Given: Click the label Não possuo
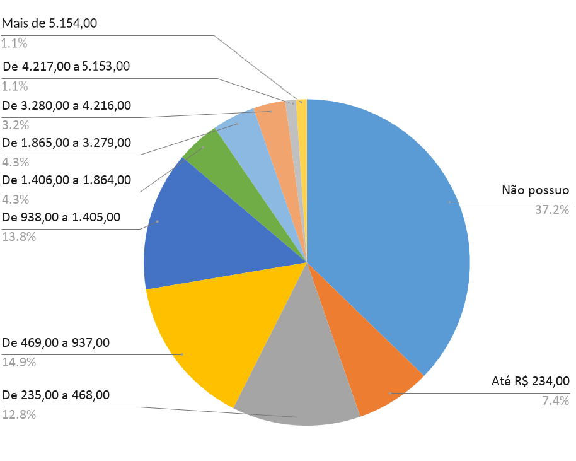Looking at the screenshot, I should coord(535,190).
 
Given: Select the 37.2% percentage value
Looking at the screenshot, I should coord(551,209).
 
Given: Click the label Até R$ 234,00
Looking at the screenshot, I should coord(530,381).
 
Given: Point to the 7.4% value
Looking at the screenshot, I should coord(556,400).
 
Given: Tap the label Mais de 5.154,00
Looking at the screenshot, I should coord(50,24).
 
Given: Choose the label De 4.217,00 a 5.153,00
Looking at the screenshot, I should coord(66,66).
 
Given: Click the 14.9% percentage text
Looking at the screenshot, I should coord(19,363).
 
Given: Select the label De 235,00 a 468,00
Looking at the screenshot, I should coord(56,395).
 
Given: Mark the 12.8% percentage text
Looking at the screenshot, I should coord(19,415).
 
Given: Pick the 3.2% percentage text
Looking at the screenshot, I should coord(16,125).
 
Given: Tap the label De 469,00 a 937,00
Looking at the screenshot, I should coord(56,343).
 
